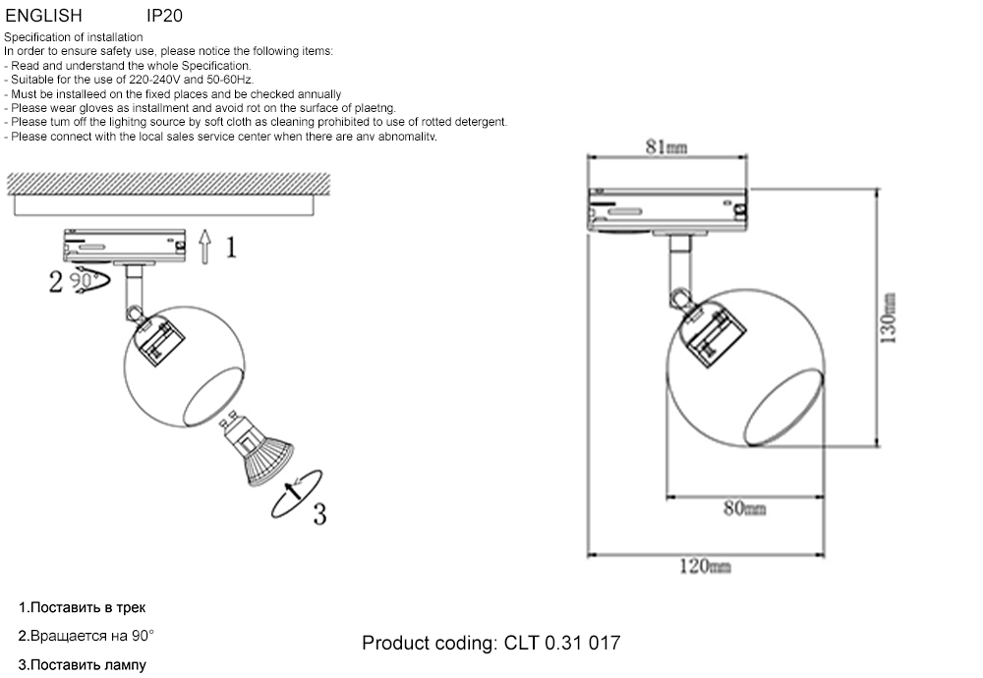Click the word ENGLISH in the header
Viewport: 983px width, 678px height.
click(x=43, y=16)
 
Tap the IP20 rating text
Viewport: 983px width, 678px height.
click(x=164, y=16)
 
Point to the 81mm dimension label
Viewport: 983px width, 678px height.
click(x=665, y=147)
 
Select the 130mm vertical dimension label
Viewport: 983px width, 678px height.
click(x=888, y=316)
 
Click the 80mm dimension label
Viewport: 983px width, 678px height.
click(x=744, y=507)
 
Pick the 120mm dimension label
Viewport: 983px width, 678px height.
click(x=705, y=566)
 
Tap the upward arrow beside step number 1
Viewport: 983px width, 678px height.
click(x=203, y=246)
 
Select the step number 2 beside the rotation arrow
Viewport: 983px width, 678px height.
click(x=56, y=283)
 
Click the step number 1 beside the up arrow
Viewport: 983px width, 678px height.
click(x=231, y=247)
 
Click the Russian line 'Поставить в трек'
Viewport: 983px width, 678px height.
click(x=87, y=607)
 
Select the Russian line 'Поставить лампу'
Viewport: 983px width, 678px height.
click(x=87, y=664)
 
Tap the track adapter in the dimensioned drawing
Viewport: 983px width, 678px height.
click(x=668, y=209)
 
